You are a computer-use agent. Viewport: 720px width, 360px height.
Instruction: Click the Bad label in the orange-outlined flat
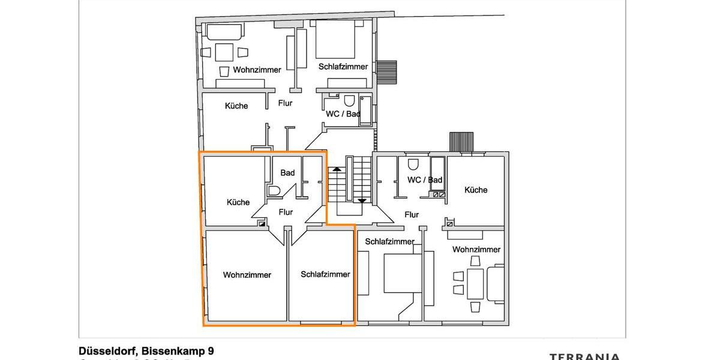point(287,173)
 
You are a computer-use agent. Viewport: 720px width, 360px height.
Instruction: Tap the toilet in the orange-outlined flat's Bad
point(275,191)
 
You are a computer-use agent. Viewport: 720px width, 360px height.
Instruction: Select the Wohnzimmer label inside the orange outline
point(247,275)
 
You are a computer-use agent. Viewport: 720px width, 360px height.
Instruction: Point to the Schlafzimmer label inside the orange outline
point(325,274)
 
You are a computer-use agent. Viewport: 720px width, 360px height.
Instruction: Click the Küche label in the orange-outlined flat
point(238,202)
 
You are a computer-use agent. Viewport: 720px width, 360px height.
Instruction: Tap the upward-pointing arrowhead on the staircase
point(337,169)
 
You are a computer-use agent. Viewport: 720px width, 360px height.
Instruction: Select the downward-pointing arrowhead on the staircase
point(362,201)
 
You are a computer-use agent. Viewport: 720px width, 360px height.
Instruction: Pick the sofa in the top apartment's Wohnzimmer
point(224,31)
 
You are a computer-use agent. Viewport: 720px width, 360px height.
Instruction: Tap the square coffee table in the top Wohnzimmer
point(224,52)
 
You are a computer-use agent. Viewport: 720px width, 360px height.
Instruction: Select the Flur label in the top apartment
point(285,103)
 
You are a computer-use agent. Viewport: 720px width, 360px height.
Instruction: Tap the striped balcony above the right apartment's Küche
point(462,142)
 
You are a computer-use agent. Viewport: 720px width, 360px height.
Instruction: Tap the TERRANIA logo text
point(585,356)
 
